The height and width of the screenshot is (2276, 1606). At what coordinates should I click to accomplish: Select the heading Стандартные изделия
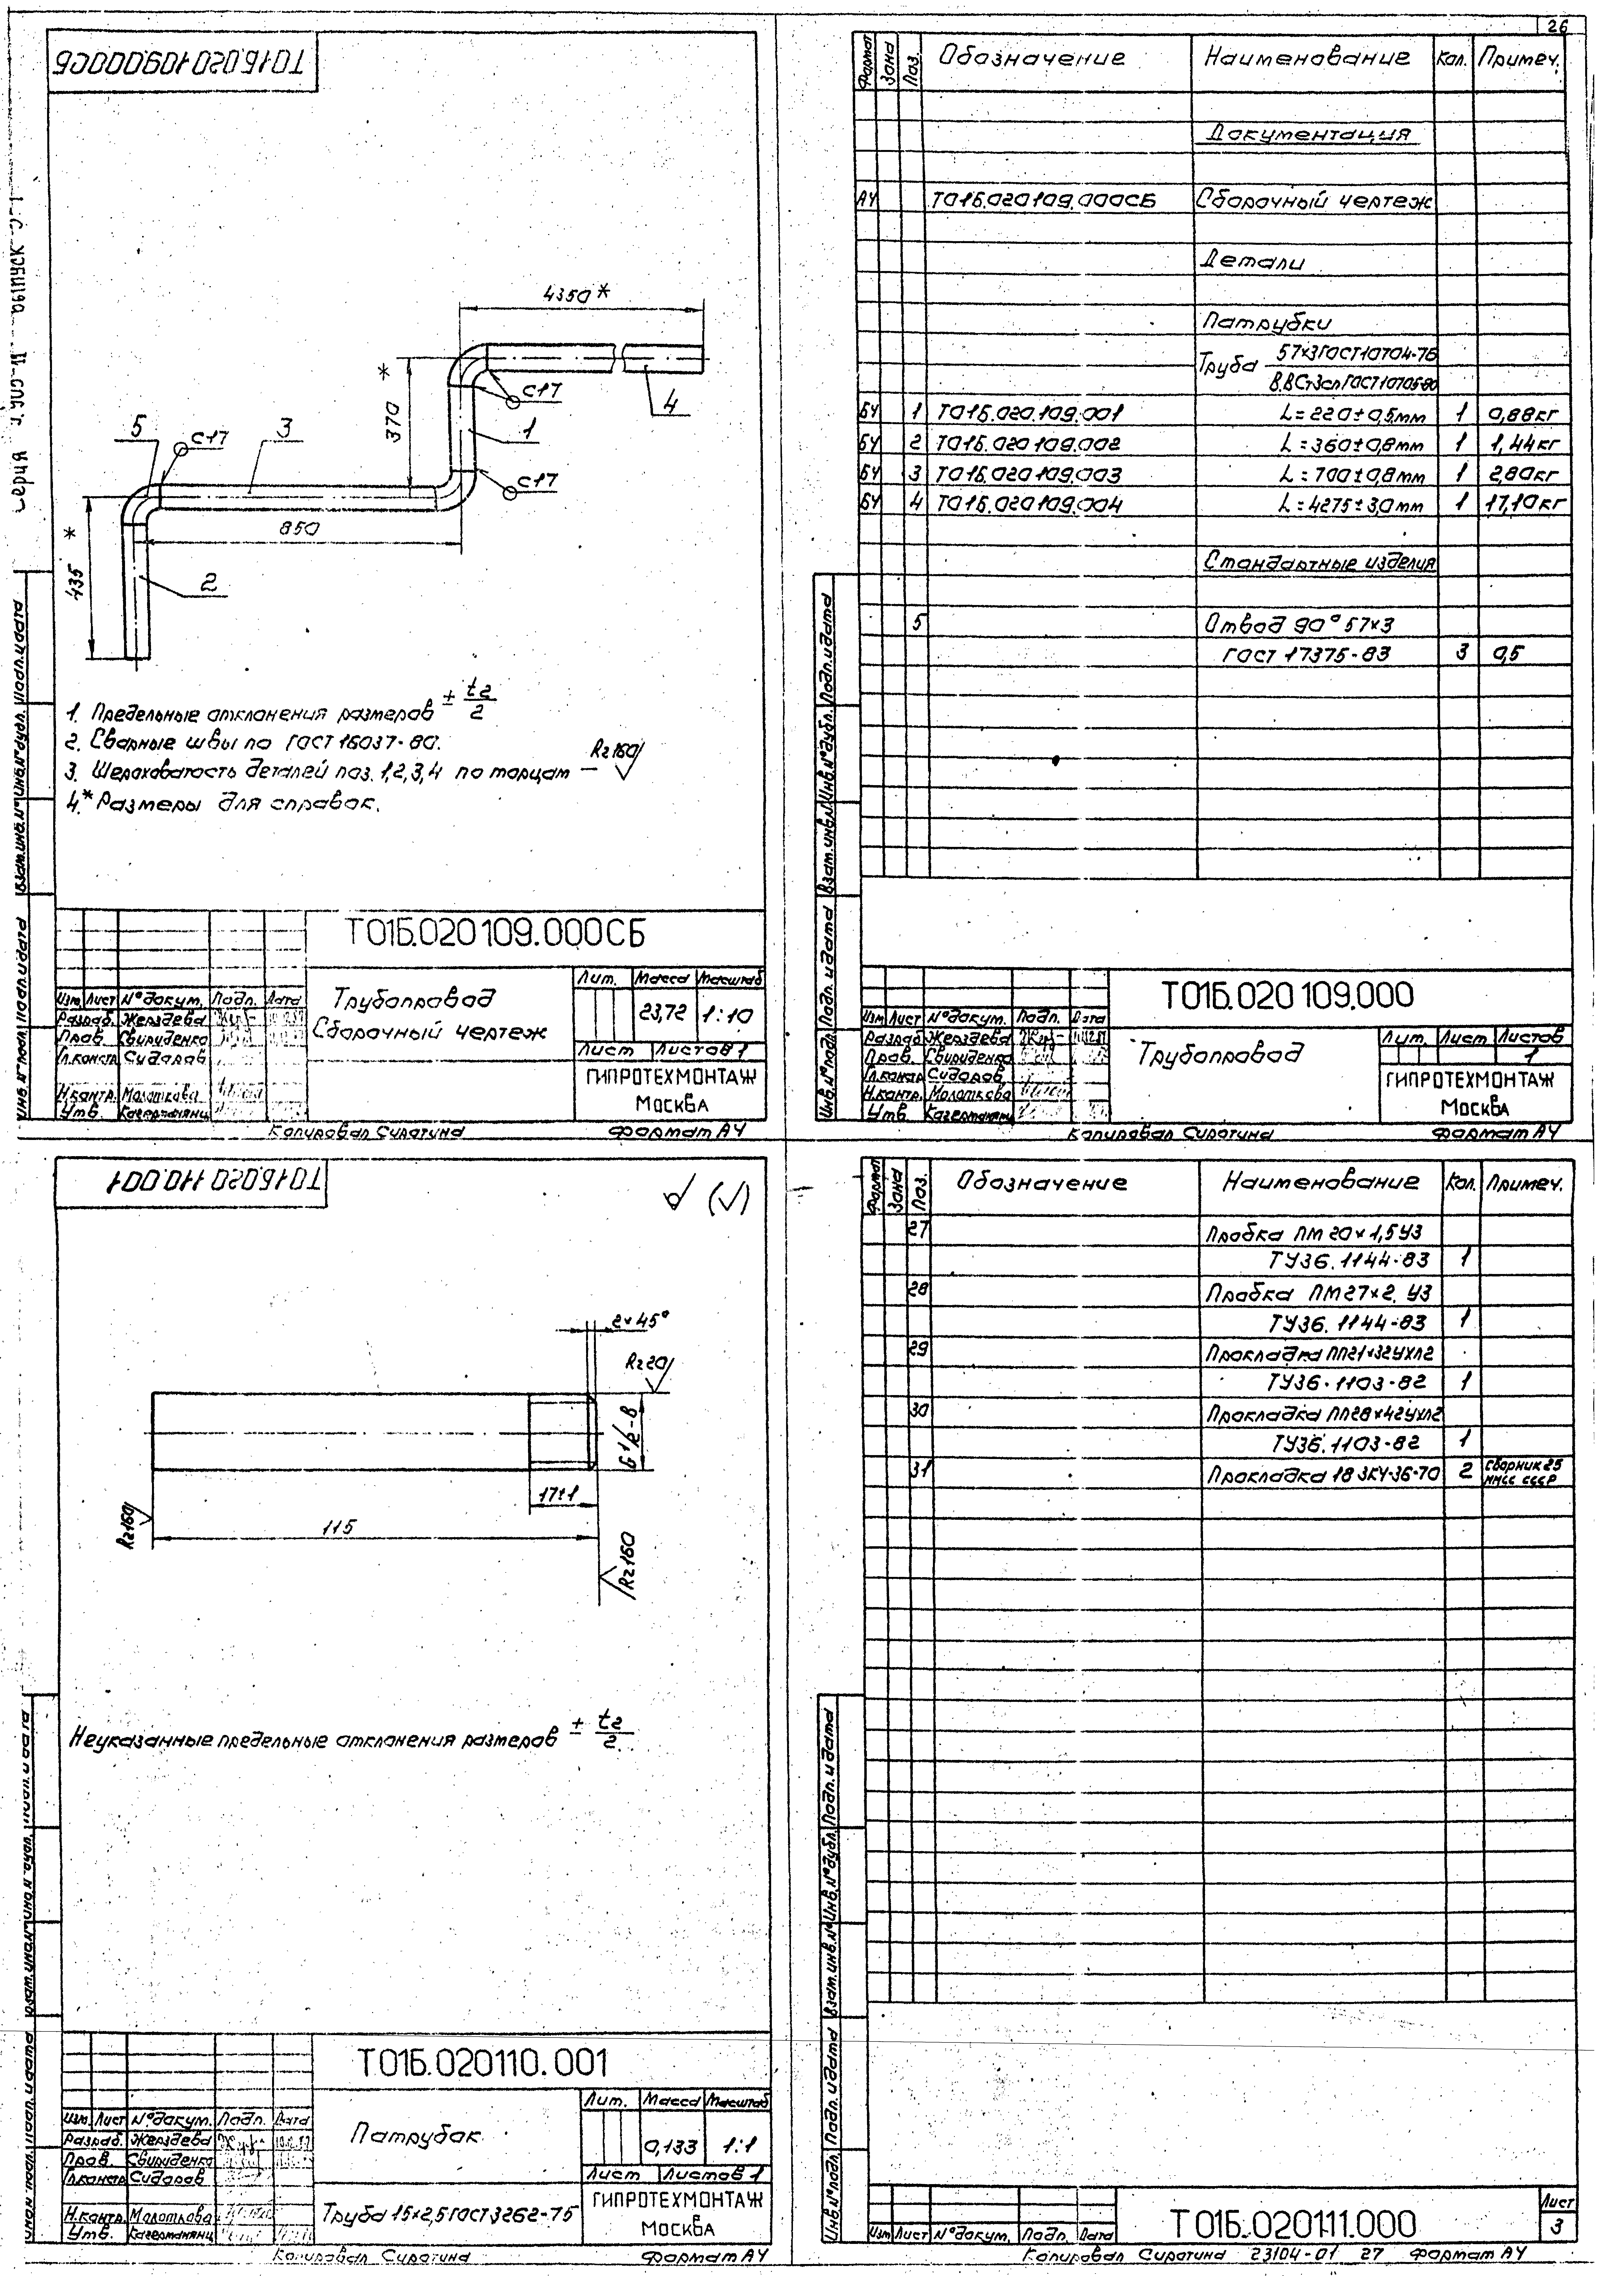tap(1319, 562)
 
